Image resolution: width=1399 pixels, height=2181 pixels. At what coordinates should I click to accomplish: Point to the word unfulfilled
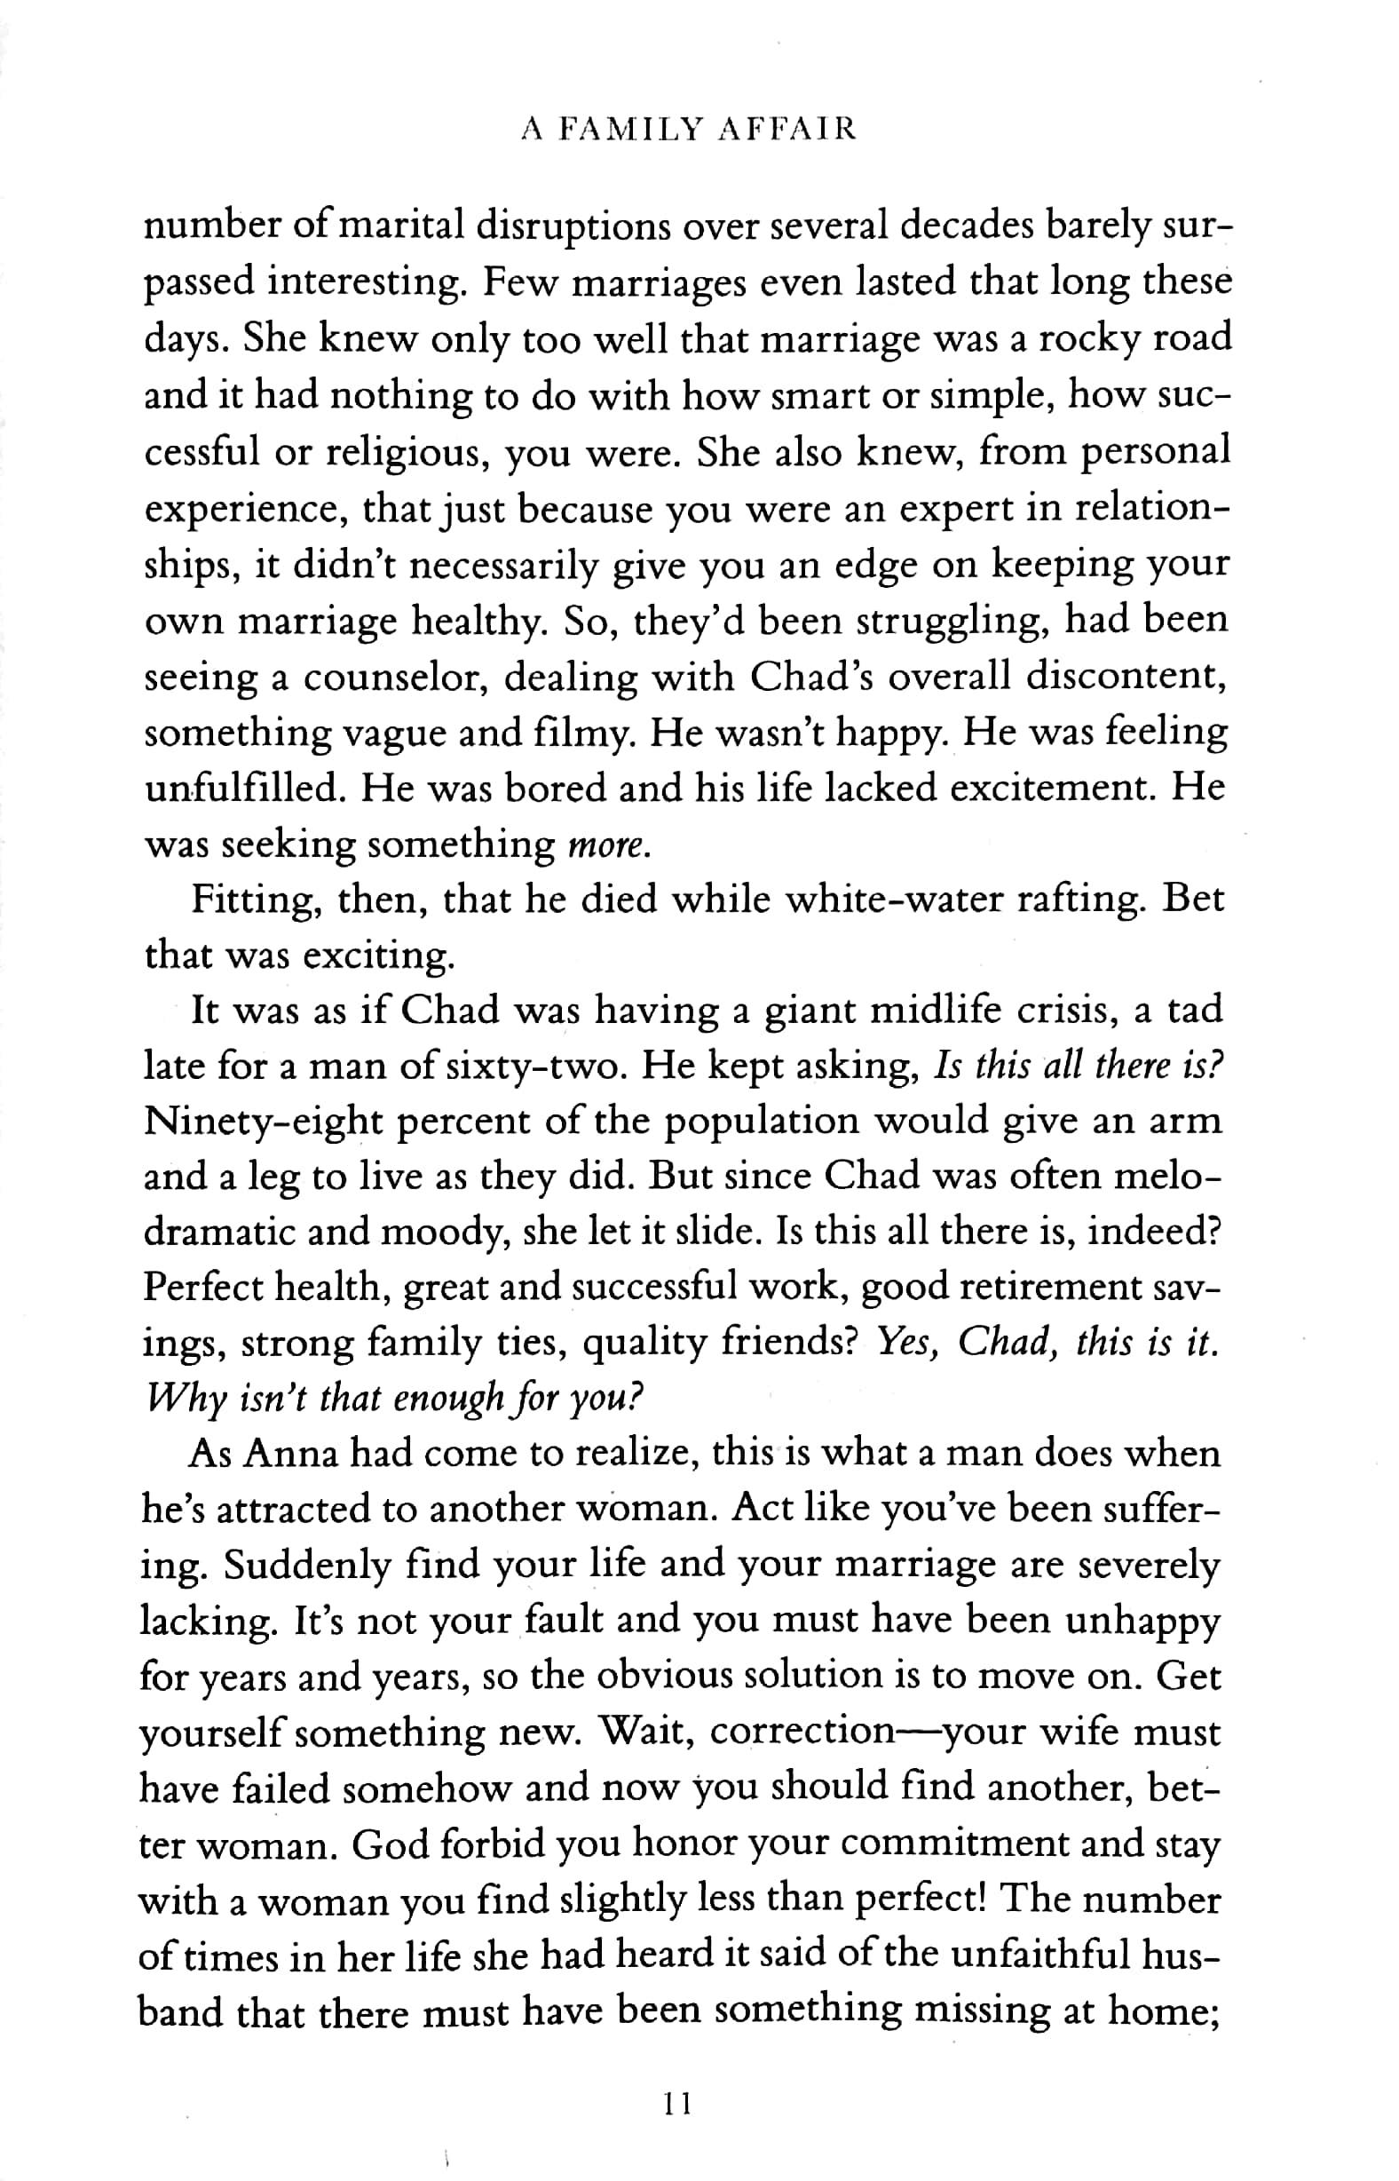point(244,788)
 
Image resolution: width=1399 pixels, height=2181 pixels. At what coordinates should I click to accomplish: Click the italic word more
point(608,846)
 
